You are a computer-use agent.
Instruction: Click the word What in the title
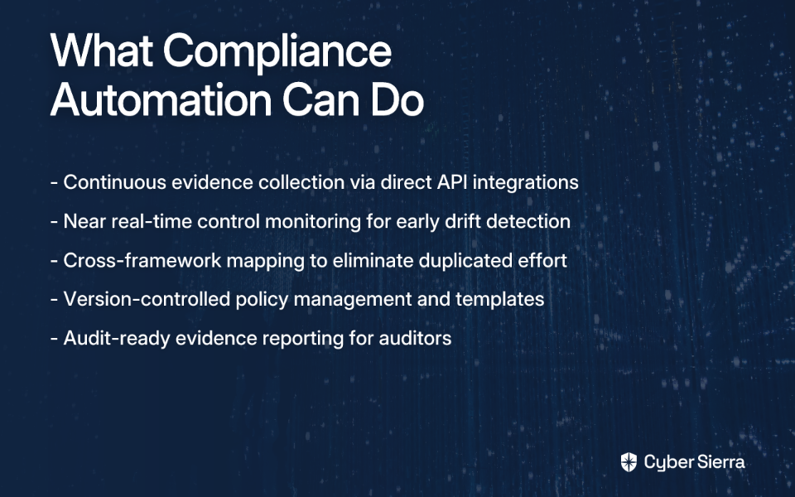[x=101, y=51]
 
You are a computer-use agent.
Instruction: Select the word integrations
[x=525, y=183]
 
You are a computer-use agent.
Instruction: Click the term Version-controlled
[x=147, y=299]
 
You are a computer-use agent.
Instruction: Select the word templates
[x=499, y=300]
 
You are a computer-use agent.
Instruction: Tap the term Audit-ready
[x=117, y=339]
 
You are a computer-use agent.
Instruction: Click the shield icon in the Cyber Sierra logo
[x=629, y=462]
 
